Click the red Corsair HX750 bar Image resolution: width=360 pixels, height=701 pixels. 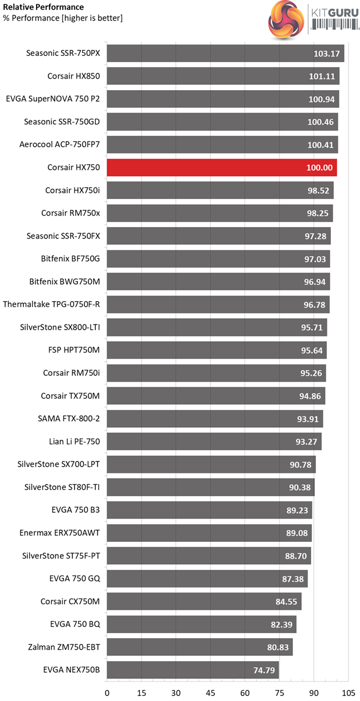[x=221, y=168]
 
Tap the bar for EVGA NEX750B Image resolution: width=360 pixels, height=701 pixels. [x=192, y=670]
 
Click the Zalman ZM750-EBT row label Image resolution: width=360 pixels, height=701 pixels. [x=64, y=647]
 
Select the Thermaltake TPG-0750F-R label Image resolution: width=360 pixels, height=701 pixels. [x=51, y=305]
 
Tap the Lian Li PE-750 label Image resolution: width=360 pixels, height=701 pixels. [x=75, y=441]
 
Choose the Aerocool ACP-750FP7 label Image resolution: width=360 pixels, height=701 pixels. [x=59, y=145]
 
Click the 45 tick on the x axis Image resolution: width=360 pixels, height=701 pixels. [x=210, y=692]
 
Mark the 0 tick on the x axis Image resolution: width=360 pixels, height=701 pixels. [x=107, y=692]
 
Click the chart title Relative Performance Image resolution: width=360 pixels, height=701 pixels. [x=43, y=7]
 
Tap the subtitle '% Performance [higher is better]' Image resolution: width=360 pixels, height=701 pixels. [x=63, y=18]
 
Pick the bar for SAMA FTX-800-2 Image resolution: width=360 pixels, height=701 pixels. [x=215, y=419]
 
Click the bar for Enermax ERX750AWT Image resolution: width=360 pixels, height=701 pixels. [x=209, y=533]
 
